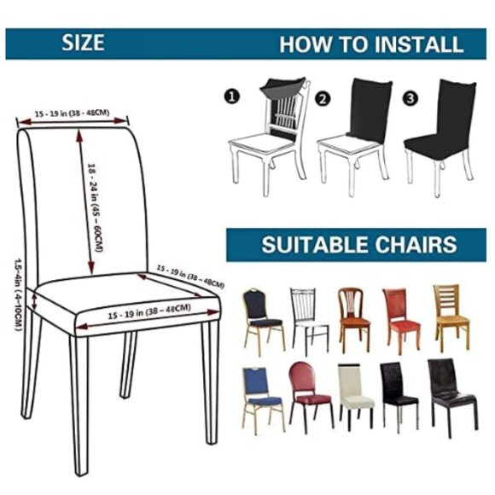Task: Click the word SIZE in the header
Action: tap(82, 44)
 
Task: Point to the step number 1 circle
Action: tap(231, 97)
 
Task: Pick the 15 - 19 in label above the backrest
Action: tap(73, 112)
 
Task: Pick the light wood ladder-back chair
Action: tap(450, 312)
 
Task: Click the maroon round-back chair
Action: tap(306, 389)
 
